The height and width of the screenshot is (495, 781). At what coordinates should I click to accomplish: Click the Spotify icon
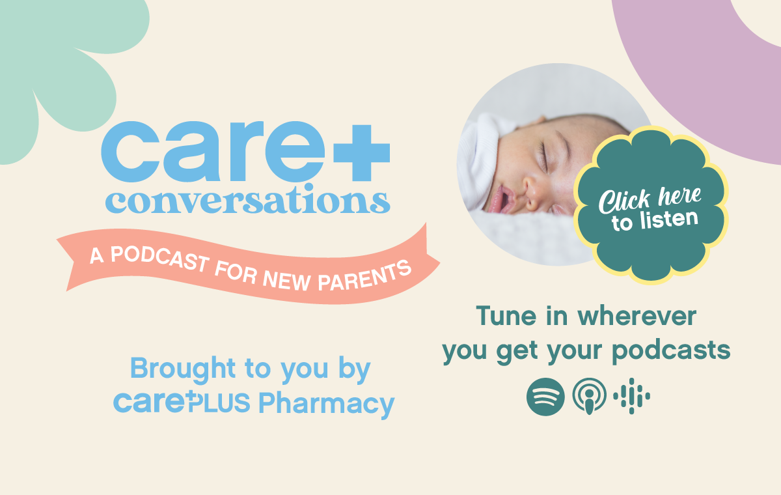click(545, 397)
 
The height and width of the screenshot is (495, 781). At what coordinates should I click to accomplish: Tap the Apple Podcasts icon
click(589, 397)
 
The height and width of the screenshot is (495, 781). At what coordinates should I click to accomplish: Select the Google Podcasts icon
click(631, 396)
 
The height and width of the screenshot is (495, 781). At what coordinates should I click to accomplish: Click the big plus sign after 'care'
click(361, 153)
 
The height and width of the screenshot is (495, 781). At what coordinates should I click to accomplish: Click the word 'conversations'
click(247, 199)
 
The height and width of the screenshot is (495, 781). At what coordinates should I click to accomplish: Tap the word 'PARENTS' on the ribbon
click(364, 277)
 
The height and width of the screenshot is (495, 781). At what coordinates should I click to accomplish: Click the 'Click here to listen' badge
click(651, 205)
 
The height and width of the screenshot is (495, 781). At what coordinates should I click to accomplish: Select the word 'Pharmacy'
click(326, 404)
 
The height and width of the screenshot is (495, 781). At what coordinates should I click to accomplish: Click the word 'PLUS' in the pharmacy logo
click(219, 403)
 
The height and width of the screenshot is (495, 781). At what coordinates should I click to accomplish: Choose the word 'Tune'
click(506, 316)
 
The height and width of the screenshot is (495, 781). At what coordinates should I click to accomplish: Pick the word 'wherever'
click(637, 316)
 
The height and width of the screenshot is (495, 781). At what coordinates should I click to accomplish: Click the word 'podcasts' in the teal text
click(671, 350)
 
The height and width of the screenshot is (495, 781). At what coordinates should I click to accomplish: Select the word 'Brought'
click(183, 369)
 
